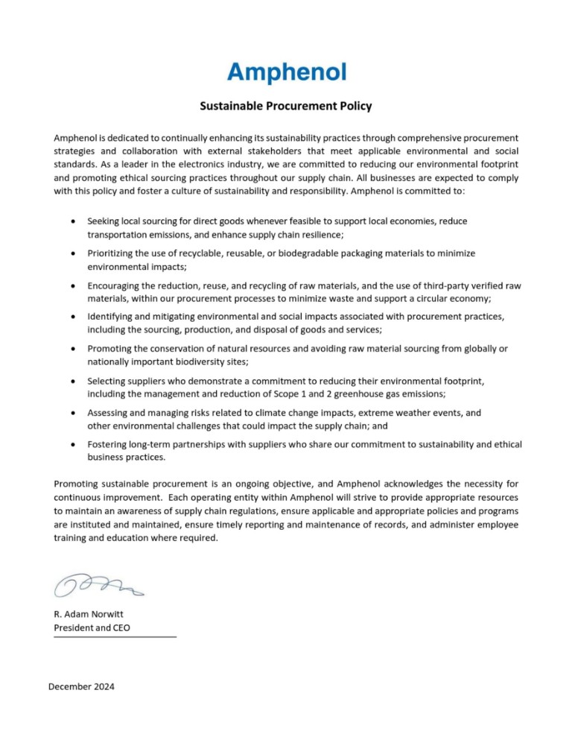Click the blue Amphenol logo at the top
[286, 72]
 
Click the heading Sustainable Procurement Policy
[286, 107]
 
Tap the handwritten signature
[97, 585]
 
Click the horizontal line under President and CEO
[115, 637]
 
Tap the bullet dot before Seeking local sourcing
[71, 221]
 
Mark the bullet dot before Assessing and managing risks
[71, 412]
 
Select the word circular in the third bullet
[425, 298]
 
